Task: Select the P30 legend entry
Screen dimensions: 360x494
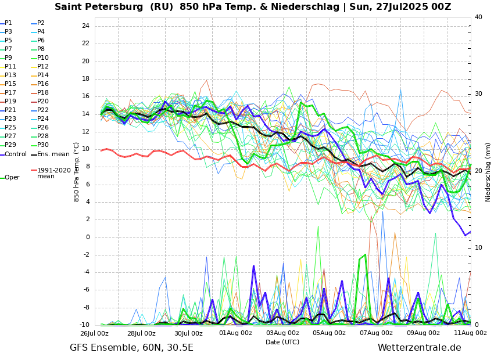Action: pos(42,145)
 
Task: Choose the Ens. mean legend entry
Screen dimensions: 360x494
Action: pos(53,154)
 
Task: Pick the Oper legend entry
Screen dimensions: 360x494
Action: pos(12,178)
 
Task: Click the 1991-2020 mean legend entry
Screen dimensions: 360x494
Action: pos(53,173)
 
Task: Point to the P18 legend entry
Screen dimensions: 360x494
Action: pos(42,93)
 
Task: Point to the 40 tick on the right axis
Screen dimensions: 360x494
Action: pos(478,17)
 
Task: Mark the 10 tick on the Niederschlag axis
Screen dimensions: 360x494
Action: pos(478,248)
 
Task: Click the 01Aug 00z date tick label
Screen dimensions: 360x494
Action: pos(235,333)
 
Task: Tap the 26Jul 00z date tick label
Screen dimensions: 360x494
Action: pos(94,333)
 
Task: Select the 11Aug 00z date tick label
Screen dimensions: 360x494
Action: pos(470,333)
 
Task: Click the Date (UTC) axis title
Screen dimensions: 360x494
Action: pos(282,342)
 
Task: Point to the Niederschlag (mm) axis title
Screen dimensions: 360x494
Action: pos(488,172)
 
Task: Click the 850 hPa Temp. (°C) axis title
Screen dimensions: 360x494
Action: pos(77,172)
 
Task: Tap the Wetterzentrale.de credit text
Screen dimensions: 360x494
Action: pos(419,348)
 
